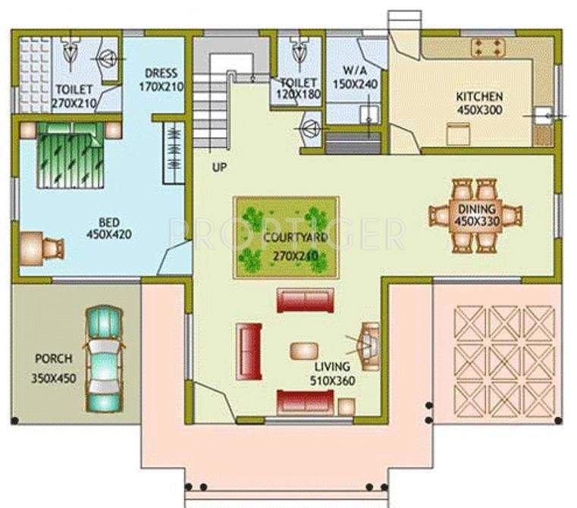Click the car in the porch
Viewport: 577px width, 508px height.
[103, 359]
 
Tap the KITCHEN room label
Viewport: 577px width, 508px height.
[478, 97]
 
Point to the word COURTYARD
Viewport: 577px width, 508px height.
[285, 237]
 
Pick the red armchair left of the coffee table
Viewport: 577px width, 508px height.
[249, 351]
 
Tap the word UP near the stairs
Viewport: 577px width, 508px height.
[219, 167]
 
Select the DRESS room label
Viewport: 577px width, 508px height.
[161, 74]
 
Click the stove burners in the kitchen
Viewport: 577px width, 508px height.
[487, 48]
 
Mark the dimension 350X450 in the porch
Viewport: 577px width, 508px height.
[53, 378]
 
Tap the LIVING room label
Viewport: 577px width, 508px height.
[332, 367]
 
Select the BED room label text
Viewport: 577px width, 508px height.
[109, 221]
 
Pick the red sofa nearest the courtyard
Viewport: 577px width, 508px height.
[305, 299]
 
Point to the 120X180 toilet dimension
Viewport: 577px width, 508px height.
[299, 95]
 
